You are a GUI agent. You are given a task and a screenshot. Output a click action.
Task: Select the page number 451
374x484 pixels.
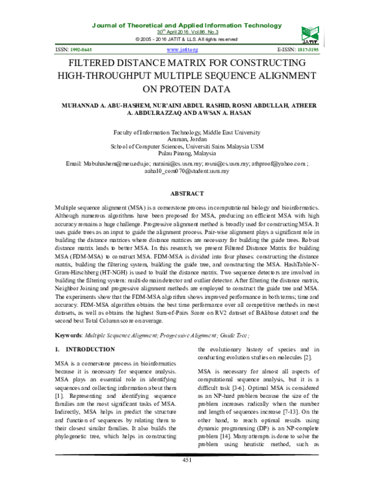pos(187,477)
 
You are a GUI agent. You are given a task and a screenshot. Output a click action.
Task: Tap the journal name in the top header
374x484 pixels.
pos(187,24)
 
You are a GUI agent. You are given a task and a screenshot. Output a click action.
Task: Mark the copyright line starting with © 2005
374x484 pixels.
pos(187,39)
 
